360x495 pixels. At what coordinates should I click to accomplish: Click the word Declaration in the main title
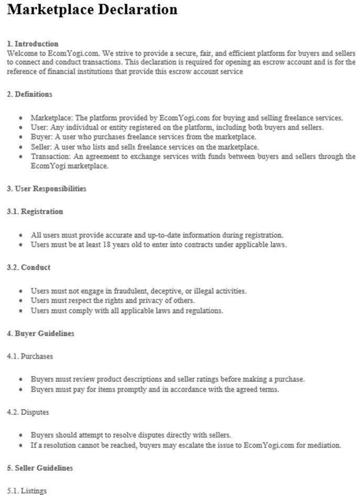pos(137,9)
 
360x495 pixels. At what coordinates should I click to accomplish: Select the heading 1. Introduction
pos(32,43)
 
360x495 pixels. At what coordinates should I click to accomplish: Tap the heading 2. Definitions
pos(29,94)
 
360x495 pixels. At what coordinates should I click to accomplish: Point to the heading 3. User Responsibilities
pos(47,189)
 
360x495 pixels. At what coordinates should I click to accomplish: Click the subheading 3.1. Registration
pos(35,212)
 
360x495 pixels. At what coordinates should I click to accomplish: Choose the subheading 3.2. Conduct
pos(28,267)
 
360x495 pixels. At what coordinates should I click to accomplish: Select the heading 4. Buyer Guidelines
pos(40,333)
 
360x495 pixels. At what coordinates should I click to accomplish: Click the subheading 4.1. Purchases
pos(30,356)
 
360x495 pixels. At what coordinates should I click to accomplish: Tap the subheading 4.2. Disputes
pos(28,412)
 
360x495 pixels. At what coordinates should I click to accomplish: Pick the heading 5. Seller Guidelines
pos(40,468)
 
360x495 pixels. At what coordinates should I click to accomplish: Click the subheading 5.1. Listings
pos(27,491)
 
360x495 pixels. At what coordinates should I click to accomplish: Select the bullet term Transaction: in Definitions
pos(51,156)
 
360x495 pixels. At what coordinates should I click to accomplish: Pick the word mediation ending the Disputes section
pos(324,445)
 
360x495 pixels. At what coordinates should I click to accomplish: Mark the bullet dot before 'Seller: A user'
pos(20,147)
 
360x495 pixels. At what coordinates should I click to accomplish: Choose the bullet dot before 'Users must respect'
pos(20,301)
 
